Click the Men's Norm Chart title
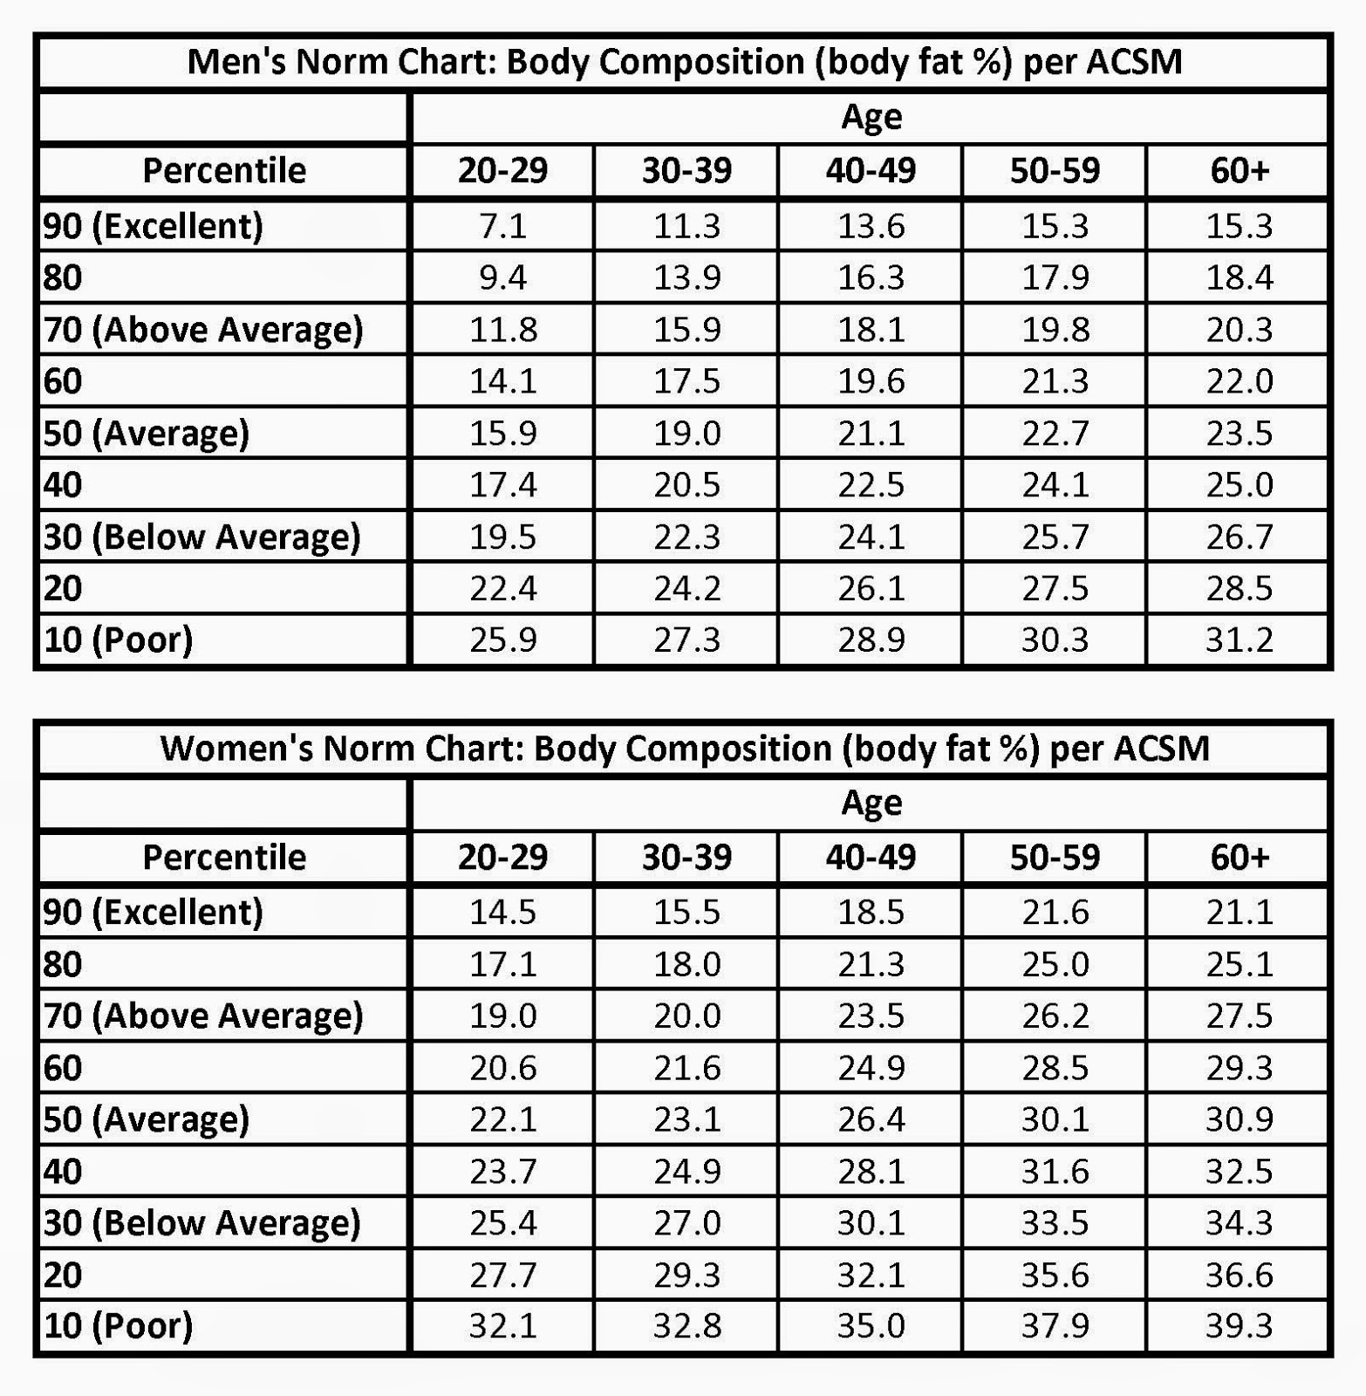click(684, 62)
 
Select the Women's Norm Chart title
click(684, 749)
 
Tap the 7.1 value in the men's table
click(502, 226)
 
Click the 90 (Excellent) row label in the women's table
click(154, 913)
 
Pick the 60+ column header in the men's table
click(1239, 170)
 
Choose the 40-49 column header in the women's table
click(871, 857)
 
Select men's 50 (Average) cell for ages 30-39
click(686, 434)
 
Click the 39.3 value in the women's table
click(1239, 1326)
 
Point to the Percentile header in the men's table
click(224, 170)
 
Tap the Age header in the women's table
click(871, 803)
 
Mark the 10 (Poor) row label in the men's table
click(119, 640)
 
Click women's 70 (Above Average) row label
click(203, 1016)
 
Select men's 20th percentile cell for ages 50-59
click(1055, 589)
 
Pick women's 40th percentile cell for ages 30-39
click(686, 1171)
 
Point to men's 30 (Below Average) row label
click(202, 537)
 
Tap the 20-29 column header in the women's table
click(502, 857)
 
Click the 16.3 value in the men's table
click(871, 277)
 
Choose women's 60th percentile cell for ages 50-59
click(1055, 1068)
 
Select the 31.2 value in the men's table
click(1239, 640)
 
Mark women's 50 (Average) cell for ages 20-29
click(502, 1119)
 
